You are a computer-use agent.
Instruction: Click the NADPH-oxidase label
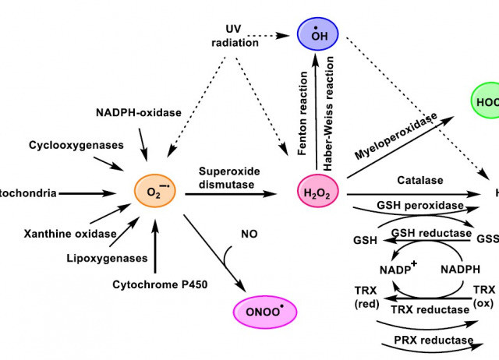click(x=140, y=112)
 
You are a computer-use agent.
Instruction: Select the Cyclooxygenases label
click(x=65, y=145)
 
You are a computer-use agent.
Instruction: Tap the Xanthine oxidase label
click(x=70, y=234)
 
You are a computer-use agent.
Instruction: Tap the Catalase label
click(x=419, y=180)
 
